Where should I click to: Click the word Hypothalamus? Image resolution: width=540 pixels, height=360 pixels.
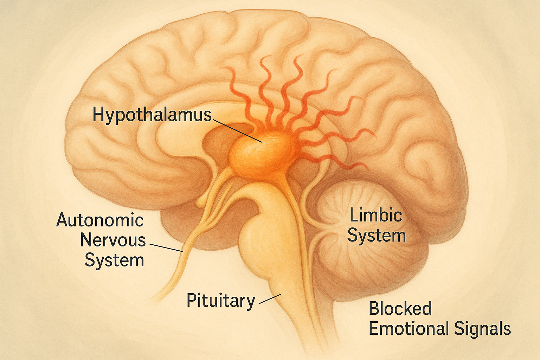tap(152, 115)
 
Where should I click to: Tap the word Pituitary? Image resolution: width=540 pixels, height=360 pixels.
tap(220, 301)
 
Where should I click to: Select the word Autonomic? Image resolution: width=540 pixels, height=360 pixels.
tap(100, 220)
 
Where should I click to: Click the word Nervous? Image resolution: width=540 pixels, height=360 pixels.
tap(113, 240)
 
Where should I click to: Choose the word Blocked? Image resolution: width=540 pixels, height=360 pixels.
tap(400, 309)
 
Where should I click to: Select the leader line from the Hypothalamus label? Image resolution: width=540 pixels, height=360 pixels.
tap(237, 130)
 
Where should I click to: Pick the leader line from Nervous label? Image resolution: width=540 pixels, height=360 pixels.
tap(166, 247)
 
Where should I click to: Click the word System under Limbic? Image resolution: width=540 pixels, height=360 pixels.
tap(377, 236)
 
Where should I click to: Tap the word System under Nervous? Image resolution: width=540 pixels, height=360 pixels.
tap(114, 261)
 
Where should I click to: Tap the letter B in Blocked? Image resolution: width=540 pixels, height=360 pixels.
tap(374, 309)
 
